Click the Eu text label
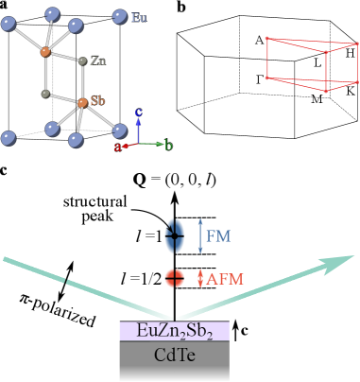(140, 17)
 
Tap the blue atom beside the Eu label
(120, 16)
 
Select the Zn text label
(97, 61)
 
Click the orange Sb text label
(97, 100)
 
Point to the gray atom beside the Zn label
(83, 61)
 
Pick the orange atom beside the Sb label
(82, 101)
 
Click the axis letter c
(139, 113)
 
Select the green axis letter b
(168, 146)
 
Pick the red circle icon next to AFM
(175, 278)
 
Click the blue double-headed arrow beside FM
(199, 235)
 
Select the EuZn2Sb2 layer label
(175, 331)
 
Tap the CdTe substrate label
(175, 356)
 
